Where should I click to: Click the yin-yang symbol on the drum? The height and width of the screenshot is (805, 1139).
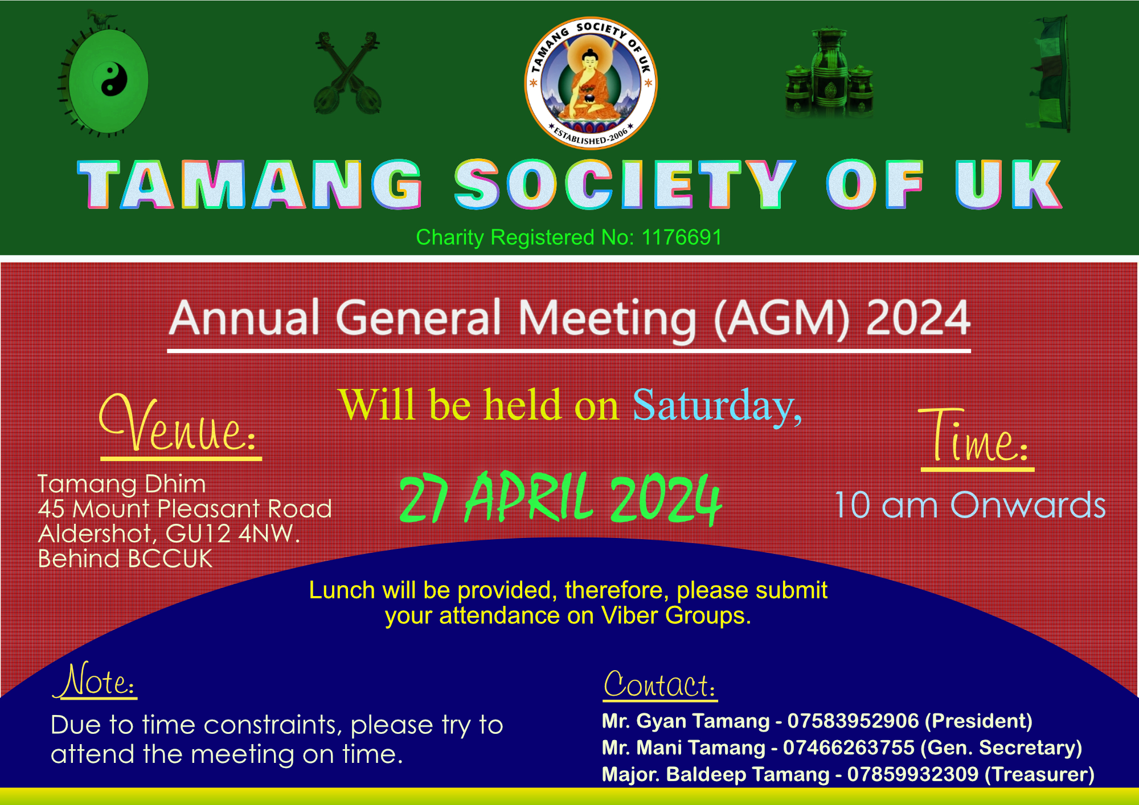114,79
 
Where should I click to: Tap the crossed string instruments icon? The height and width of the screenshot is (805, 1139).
347,73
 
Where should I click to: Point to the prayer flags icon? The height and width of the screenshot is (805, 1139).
1050,74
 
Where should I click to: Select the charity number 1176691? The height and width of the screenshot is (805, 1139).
682,237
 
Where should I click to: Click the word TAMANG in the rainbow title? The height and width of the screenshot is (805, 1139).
250,184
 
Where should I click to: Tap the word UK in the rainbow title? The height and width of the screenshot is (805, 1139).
1008,184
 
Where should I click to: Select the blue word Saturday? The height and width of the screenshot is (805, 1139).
717,406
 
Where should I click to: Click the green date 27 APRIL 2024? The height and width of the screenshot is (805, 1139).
560,498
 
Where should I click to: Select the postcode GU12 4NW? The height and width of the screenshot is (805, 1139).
232,534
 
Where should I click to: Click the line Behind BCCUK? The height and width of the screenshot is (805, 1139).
125,559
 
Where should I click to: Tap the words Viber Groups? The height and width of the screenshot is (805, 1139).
676,615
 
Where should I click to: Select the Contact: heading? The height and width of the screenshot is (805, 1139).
659,684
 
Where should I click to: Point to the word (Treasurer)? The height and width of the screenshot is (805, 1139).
1039,775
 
